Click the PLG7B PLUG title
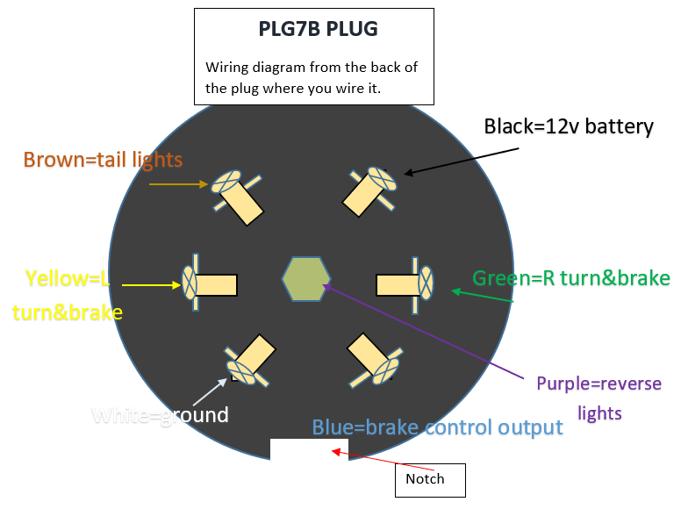pos(318,29)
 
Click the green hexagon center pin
pos(305,277)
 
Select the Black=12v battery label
pos(569,126)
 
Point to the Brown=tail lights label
pos(103,160)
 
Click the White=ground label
pos(160,414)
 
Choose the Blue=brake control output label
pos(437,427)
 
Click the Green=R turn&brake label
pos(570,279)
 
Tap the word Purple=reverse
pos(599,384)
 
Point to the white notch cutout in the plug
pos(309,448)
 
